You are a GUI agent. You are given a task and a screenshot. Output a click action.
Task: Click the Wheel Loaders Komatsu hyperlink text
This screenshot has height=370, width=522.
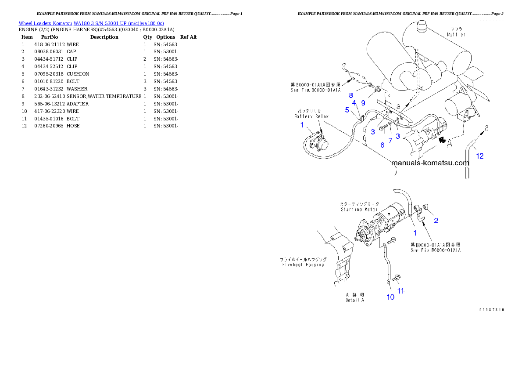pyautogui.click(x=91, y=23)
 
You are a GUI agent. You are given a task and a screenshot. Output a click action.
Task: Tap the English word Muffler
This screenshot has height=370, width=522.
pyautogui.click(x=457, y=34)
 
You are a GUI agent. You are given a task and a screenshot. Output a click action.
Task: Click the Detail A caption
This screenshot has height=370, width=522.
pyautogui.click(x=354, y=300)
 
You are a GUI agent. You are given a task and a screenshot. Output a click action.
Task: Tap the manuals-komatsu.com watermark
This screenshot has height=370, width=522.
pyautogui.click(x=430, y=163)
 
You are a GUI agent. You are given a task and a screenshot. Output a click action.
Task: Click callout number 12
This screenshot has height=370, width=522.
pyautogui.click(x=480, y=156)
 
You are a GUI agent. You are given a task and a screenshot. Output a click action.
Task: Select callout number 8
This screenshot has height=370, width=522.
pyautogui.click(x=351, y=95)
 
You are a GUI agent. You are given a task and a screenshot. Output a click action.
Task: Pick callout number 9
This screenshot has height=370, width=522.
pyautogui.click(x=363, y=103)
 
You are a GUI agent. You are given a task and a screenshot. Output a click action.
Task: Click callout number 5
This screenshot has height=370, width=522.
pyautogui.click(x=347, y=110)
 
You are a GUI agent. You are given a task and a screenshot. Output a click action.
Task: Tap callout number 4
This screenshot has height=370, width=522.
pyautogui.click(x=354, y=103)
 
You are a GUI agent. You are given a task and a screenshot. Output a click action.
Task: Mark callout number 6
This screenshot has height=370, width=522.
pyautogui.click(x=382, y=145)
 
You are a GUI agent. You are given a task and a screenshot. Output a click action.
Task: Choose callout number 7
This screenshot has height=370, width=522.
pyautogui.click(x=390, y=141)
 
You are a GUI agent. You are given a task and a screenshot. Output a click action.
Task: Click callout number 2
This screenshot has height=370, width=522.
pyautogui.click(x=436, y=221)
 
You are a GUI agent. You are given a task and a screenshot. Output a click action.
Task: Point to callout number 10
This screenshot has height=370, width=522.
pyautogui.click(x=390, y=297)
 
